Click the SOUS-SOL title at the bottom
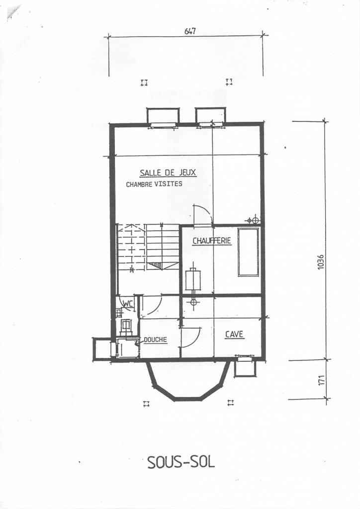pyautogui.click(x=181, y=462)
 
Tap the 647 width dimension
pyautogui.click(x=190, y=31)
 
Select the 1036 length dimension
pyautogui.click(x=321, y=262)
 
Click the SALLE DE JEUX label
pyautogui.click(x=168, y=173)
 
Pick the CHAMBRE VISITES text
pyautogui.click(x=154, y=184)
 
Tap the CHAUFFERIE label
pyautogui.click(x=212, y=241)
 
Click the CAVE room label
pyautogui.click(x=234, y=335)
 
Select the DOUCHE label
pyautogui.click(x=155, y=340)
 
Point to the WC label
pyautogui.click(x=127, y=303)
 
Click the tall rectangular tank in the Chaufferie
pyautogui.click(x=248, y=252)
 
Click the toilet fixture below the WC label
pyautogui.click(x=126, y=326)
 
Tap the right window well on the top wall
pyautogui.click(x=210, y=116)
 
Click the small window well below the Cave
pyautogui.click(x=245, y=367)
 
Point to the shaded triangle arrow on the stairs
pyautogui.click(x=156, y=265)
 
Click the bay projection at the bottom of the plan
pyautogui.click(x=187, y=380)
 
